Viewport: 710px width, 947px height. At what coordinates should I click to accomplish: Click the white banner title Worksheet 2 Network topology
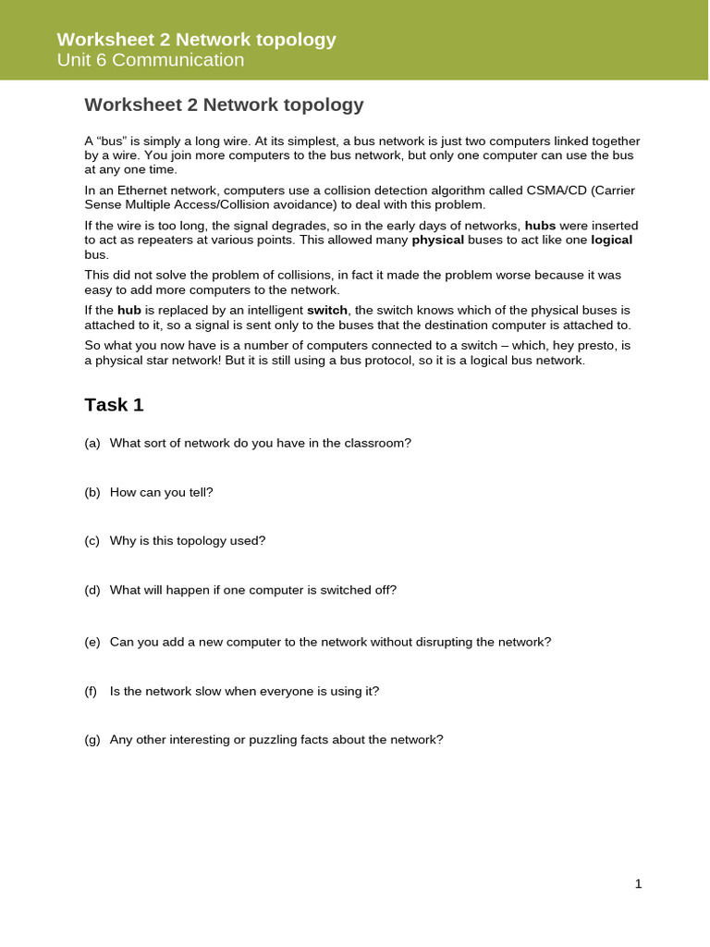pyautogui.click(x=196, y=40)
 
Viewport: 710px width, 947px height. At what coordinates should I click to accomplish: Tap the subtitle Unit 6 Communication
pyautogui.click(x=151, y=60)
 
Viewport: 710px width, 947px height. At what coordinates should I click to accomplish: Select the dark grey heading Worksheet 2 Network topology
pyautogui.click(x=224, y=105)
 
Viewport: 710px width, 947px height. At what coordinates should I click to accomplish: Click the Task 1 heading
pyautogui.click(x=114, y=405)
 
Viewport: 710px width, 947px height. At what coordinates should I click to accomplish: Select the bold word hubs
pyautogui.click(x=540, y=226)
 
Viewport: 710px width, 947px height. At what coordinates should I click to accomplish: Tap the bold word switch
pyautogui.click(x=327, y=311)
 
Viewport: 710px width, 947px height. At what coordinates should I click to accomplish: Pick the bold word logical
pyautogui.click(x=611, y=240)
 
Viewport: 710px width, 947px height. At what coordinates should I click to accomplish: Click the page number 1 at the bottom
pyautogui.click(x=638, y=884)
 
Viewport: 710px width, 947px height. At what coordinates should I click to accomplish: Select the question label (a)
pyautogui.click(x=92, y=443)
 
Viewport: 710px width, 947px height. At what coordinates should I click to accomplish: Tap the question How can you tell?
pyautogui.click(x=161, y=492)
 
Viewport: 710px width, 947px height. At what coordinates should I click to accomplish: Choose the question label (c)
pyautogui.click(x=92, y=541)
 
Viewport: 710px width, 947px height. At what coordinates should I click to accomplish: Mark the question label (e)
pyautogui.click(x=92, y=642)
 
